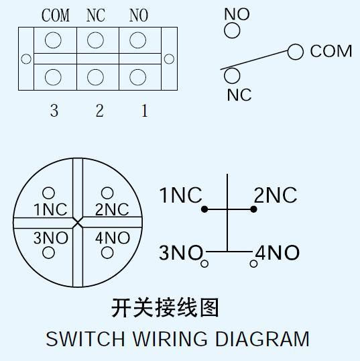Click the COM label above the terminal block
pos(56,16)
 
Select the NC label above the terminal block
pos(96,16)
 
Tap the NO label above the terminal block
pos(138,16)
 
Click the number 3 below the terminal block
pos(54,111)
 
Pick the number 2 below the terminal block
pos(99,111)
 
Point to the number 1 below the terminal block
pos(144,111)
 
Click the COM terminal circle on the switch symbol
pos(296,52)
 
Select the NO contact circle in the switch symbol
pos(232,31)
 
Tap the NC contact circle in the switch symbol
pos(231,75)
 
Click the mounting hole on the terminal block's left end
pos(26,59)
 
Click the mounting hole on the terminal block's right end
pos(169,59)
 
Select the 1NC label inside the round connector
pos(51,209)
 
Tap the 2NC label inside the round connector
pos(111,209)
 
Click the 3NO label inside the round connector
pos(51,238)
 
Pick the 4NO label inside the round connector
pos(112,238)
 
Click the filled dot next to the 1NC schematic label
pos(204,209)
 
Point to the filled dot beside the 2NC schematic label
pos(253,209)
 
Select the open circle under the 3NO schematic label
pos(204,264)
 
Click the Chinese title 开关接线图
pos(165,308)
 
